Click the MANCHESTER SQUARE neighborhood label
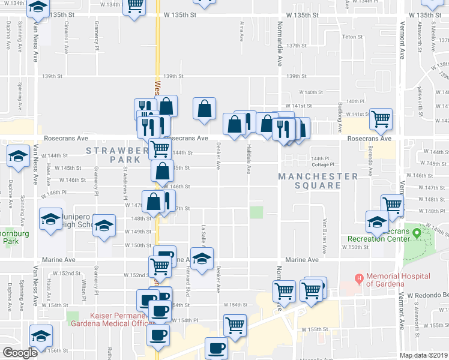click(318, 181)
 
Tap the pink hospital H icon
click(360, 278)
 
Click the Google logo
click(20, 353)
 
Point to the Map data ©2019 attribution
click(423, 355)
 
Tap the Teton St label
click(350, 37)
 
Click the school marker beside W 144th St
click(19, 155)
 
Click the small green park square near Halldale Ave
click(256, 212)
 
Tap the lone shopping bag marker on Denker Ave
click(205, 109)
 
